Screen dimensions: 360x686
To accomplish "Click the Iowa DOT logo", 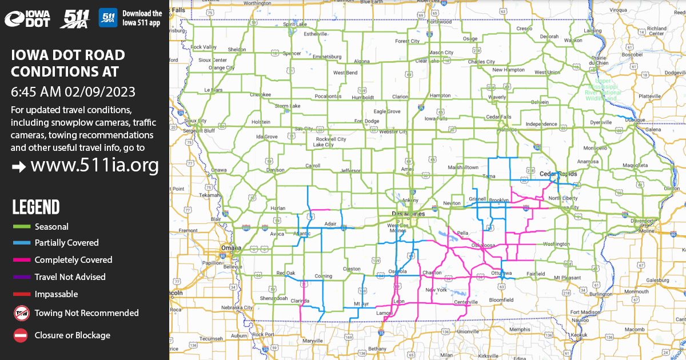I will tap(27, 19).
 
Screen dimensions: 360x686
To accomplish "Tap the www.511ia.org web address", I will tap(94, 166).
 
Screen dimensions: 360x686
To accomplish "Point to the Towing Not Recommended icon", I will tap(21, 313).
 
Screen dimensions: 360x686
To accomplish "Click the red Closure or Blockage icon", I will tap(21, 335).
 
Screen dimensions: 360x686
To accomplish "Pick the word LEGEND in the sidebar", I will tap(35, 207).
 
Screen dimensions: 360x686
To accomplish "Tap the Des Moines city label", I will tap(408, 214).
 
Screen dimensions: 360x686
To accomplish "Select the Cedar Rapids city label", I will tap(559, 174).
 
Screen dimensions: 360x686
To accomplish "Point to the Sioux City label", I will tap(195, 121).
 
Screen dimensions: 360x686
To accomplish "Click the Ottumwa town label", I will tap(502, 273).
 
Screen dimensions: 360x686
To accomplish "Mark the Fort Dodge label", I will tap(366, 121).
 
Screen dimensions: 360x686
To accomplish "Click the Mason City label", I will tap(440, 53).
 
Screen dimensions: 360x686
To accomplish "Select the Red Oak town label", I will tap(285, 273).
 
